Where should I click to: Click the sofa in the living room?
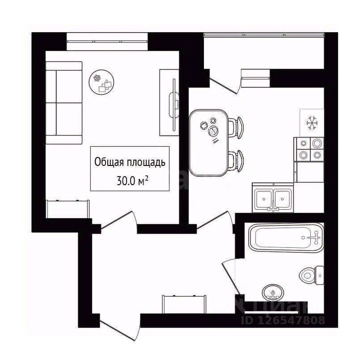click(x=64, y=103)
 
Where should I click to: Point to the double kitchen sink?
click(x=272, y=197)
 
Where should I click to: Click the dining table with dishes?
click(x=209, y=142)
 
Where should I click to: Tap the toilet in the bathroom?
click(x=312, y=274)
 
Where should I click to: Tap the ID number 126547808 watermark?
click(x=283, y=320)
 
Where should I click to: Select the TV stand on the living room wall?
click(x=170, y=102)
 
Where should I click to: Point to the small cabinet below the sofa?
click(x=68, y=208)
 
